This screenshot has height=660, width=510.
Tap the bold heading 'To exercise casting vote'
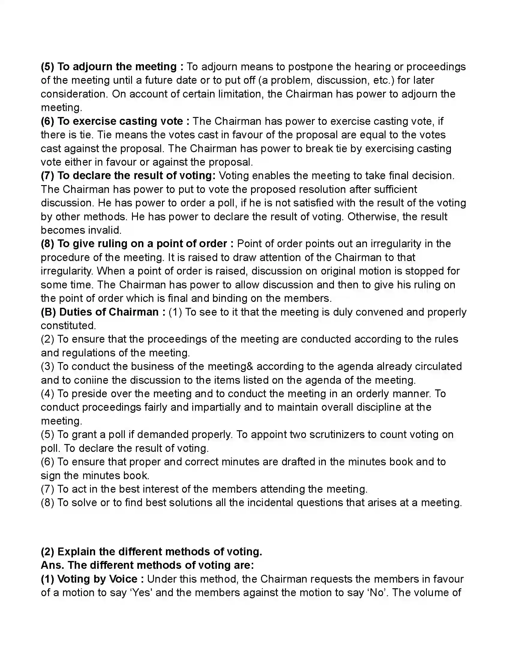(120, 121)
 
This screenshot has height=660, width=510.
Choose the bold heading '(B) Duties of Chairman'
(99, 312)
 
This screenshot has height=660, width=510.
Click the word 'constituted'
(68, 325)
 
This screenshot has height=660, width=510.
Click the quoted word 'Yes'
(142, 592)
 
